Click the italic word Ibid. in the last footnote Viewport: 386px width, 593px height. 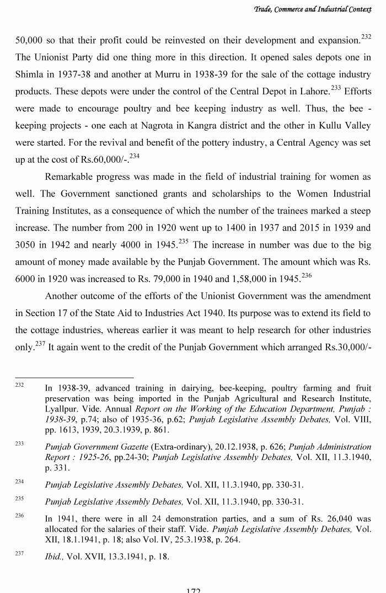(x=55, y=557)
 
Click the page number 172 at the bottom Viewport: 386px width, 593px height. (x=193, y=589)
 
